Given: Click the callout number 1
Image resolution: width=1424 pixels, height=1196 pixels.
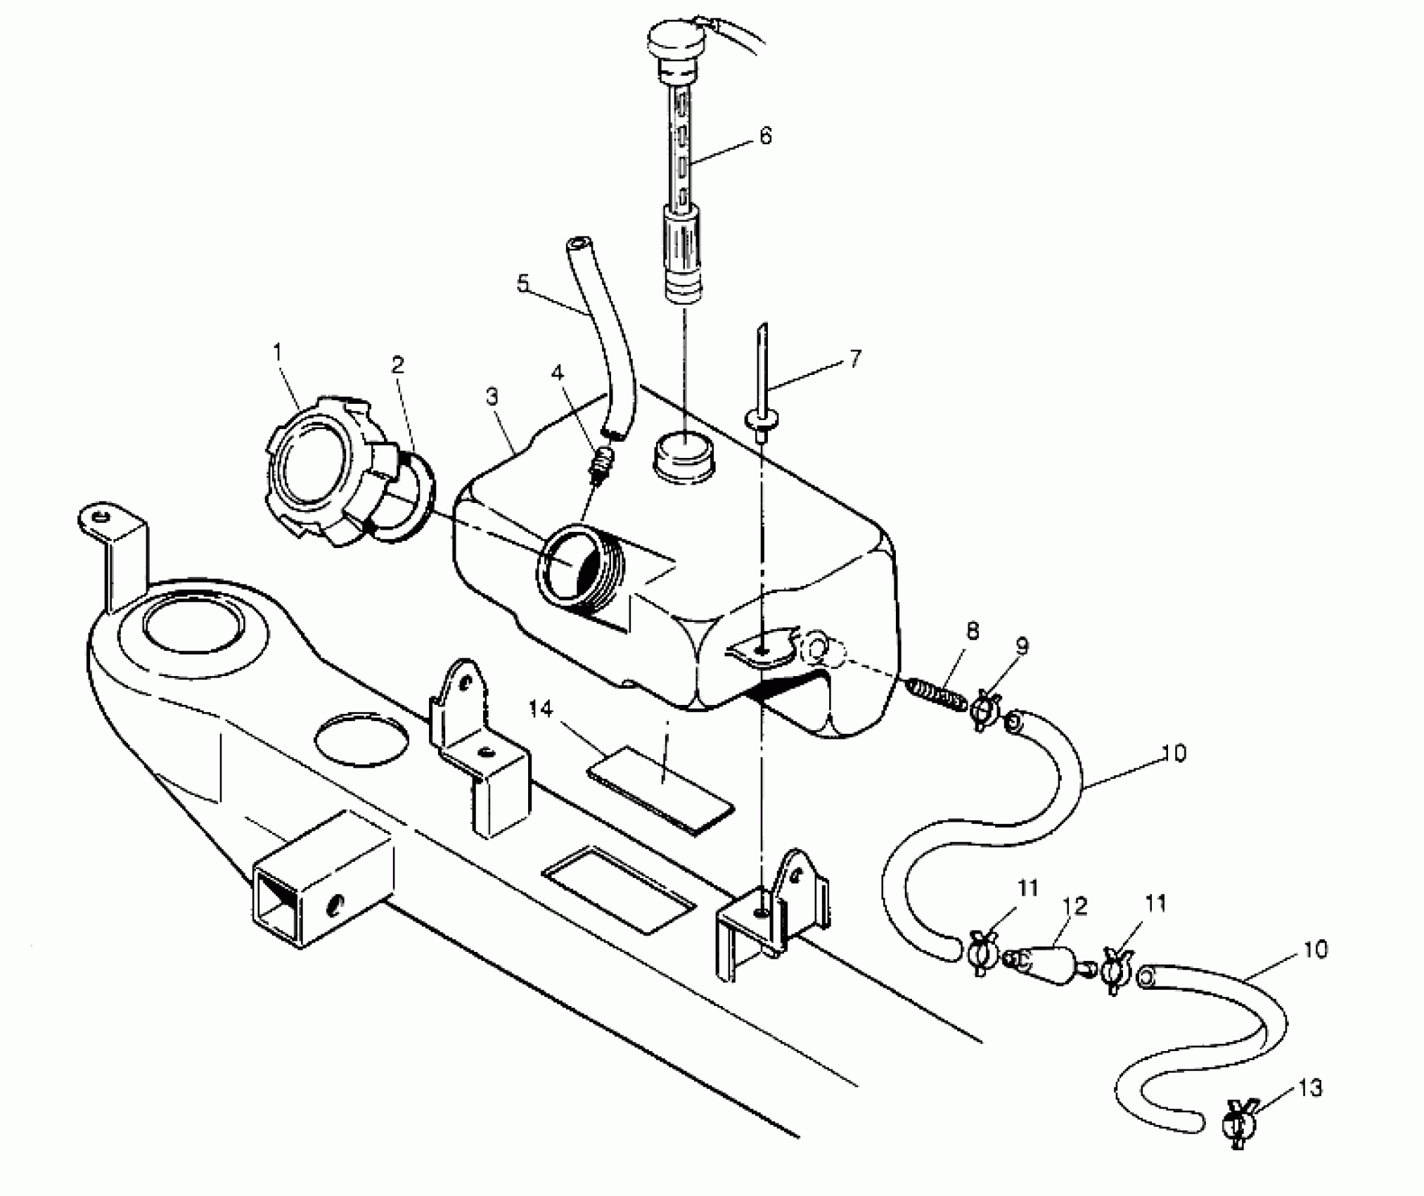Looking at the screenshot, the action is pyautogui.click(x=277, y=351).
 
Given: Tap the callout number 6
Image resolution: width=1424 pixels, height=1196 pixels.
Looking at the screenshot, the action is pyautogui.click(x=765, y=134).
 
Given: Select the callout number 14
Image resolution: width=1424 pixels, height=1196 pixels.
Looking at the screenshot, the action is pyautogui.click(x=541, y=710).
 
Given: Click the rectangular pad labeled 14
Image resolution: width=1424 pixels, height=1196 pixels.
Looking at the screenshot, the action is pyautogui.click(x=661, y=793).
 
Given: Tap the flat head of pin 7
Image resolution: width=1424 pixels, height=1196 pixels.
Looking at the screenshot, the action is pyautogui.click(x=762, y=421).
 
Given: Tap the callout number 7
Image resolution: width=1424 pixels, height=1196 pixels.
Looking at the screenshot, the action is pyautogui.click(x=854, y=360).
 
